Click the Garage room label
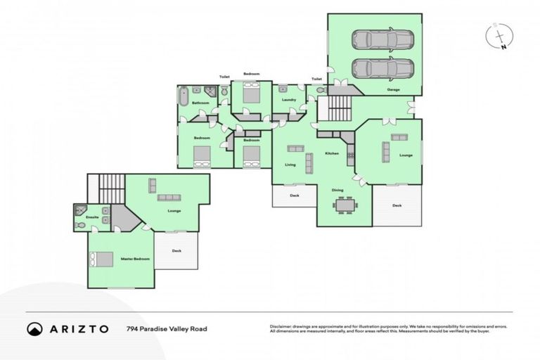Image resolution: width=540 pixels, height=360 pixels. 394,90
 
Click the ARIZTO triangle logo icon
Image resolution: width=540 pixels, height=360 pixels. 34,328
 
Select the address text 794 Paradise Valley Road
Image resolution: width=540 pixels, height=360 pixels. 167,328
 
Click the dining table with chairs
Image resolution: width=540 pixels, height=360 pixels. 345,205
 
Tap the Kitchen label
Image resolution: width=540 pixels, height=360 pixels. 332,153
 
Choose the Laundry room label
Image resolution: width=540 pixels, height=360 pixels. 288,100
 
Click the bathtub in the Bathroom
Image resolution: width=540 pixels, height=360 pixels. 184,96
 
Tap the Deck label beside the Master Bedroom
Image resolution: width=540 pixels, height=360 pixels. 176,251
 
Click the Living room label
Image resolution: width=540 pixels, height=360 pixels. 290,165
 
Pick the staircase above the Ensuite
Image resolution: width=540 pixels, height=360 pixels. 110,188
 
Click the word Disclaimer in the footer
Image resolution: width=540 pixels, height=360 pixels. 282,326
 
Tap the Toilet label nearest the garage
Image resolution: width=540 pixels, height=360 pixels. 316,79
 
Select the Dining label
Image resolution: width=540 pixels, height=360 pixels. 337,190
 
